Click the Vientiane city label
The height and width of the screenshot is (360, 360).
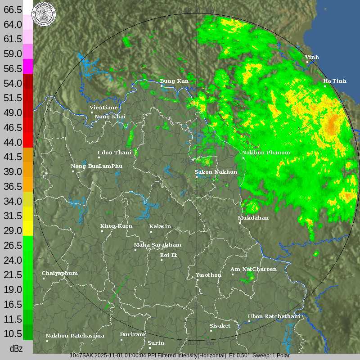103,108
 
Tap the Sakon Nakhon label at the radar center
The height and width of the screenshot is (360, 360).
216,172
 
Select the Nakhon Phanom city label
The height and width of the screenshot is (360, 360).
266,153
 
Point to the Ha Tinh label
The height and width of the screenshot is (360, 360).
335,81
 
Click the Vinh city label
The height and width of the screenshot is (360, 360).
312,57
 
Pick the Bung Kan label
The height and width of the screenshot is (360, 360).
174,81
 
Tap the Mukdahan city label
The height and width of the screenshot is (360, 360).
253,218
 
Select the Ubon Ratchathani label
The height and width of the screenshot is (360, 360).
274,316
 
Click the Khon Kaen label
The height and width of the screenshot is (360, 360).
116,226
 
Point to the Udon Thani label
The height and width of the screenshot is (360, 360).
114,153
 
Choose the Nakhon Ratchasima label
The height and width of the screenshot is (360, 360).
75,336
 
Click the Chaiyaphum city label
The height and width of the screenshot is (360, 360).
59,273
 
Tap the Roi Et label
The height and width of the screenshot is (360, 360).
169,255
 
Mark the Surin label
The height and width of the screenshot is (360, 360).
156,342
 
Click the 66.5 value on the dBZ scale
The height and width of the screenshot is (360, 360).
13,9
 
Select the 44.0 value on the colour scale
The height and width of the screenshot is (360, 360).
13,142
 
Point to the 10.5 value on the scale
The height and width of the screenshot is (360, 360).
13,333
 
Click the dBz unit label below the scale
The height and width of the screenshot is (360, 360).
16,349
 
